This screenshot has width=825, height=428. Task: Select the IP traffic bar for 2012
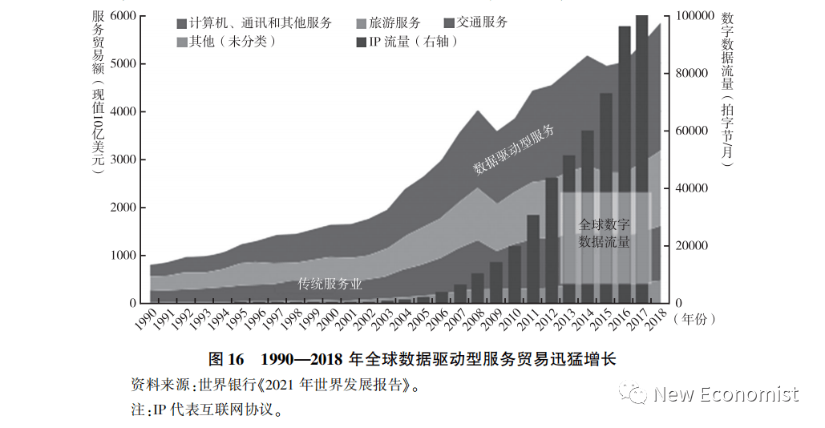click(x=552, y=240)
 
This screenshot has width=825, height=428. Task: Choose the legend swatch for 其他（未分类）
click(x=182, y=41)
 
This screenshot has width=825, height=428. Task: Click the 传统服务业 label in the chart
click(x=330, y=284)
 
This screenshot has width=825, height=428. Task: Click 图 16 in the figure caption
click(x=225, y=358)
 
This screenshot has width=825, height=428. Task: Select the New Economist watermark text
click(x=725, y=394)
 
